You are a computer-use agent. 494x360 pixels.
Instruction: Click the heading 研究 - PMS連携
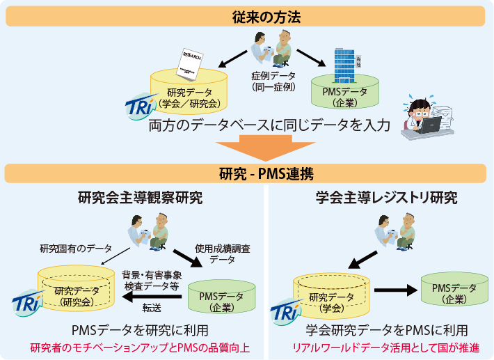(246, 173)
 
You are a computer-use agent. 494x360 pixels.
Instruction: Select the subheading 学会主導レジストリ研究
(382, 198)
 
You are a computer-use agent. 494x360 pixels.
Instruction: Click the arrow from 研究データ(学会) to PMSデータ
(395, 290)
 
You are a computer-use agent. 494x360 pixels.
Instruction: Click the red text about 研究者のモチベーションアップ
(140, 347)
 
